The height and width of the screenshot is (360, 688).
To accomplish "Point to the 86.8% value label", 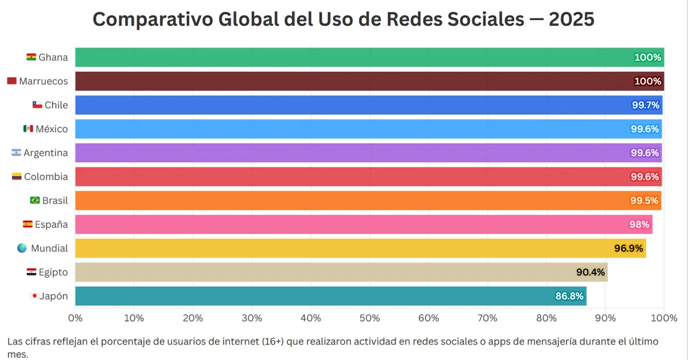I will point(569,296).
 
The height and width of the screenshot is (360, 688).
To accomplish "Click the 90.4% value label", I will point(591,272).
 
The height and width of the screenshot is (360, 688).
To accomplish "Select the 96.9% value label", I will point(629,248).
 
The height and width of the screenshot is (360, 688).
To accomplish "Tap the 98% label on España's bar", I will point(639,225).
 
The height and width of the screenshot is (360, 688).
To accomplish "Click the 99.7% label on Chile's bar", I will point(646,105).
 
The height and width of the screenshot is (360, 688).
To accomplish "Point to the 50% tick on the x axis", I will point(370,318).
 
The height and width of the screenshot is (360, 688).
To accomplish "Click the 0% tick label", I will point(75,318).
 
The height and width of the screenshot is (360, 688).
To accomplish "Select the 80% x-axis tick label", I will point(546,318).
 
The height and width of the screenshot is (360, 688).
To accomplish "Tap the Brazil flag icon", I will point(35,201).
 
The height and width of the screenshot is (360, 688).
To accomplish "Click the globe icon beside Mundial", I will point(22,248).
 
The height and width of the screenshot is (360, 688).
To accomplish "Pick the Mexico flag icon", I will point(28,129).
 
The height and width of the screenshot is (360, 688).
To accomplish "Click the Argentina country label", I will point(46,153).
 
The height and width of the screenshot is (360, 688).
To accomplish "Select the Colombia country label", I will point(46,177).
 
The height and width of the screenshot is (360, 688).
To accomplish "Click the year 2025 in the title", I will point(571,19).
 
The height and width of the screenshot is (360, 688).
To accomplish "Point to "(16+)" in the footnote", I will point(279,341).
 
